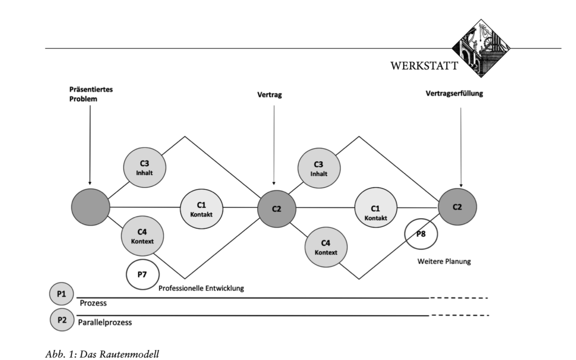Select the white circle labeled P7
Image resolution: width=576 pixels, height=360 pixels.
[141, 275]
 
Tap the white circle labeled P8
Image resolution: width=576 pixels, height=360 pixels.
[420, 233]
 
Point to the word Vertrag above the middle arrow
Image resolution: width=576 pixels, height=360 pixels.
[273, 95]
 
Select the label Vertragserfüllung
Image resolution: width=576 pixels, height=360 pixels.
[454, 93]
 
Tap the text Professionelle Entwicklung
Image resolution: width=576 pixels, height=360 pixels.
[201, 288]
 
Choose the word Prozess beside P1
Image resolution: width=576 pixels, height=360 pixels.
[93, 303]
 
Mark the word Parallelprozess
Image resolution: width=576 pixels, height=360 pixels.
[105, 323]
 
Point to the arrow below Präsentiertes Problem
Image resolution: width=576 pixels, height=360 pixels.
[90, 144]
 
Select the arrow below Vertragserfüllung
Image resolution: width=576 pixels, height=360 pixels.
[461, 144]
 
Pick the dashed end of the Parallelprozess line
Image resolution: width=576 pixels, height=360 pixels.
[460, 316]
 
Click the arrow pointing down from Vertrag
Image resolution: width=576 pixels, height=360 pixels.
[274, 144]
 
